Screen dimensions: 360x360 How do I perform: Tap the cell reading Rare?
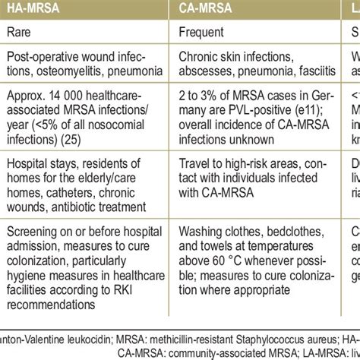coord(19,33)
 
